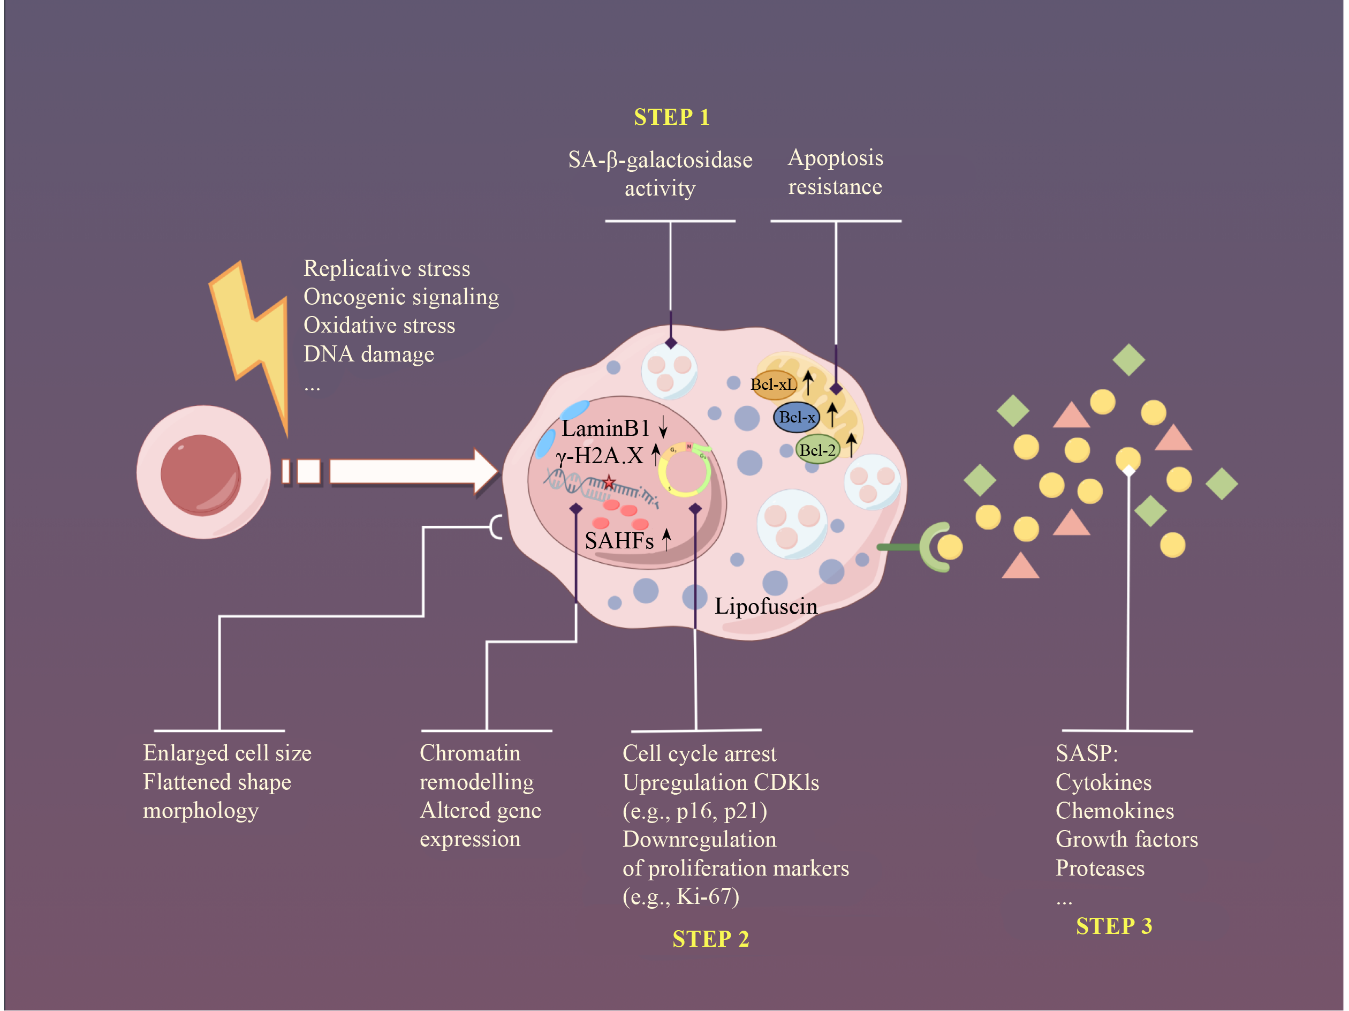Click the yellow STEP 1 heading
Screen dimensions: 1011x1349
[671, 117]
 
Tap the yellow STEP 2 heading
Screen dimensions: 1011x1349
[710, 938]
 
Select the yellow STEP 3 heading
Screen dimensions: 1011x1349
[1113, 925]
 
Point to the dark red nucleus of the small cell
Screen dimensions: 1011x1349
[201, 474]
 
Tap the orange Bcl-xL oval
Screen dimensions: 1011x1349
[774, 384]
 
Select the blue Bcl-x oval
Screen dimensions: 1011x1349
[797, 417]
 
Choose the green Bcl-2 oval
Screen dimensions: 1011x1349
[817, 450]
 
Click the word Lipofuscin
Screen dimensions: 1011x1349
[766, 606]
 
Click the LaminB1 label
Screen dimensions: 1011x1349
[605, 428]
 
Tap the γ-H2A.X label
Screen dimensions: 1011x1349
[600, 456]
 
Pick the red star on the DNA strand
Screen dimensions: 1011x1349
[609, 482]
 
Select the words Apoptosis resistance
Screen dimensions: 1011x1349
[835, 172]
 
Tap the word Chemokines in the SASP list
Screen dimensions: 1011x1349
[1114, 810]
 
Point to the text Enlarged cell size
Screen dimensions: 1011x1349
[227, 753]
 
